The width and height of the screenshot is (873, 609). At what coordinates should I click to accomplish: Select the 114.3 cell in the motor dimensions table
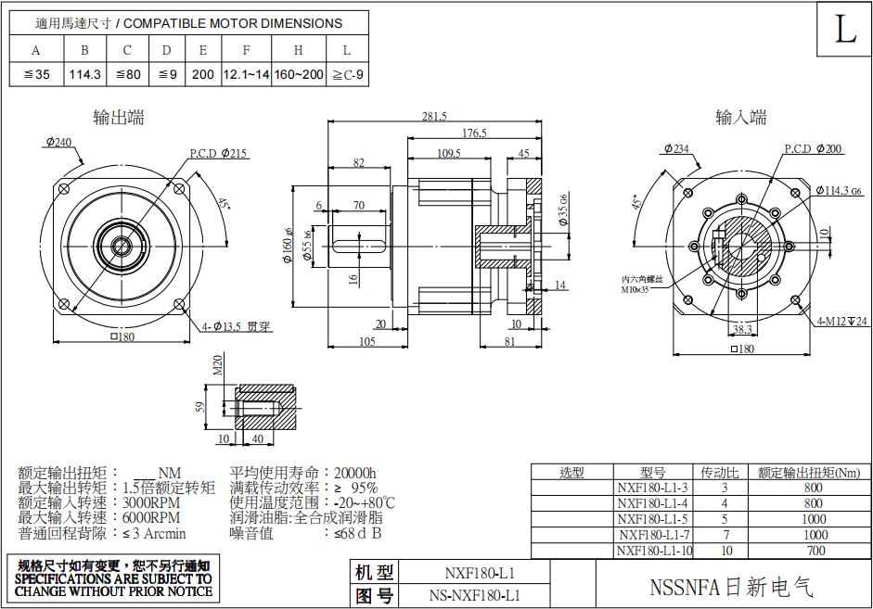point(84,74)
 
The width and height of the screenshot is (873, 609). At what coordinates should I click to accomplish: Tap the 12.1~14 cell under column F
point(246,74)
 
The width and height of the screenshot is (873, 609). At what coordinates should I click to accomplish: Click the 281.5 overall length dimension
point(434,117)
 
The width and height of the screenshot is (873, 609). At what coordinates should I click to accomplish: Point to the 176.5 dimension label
point(474,133)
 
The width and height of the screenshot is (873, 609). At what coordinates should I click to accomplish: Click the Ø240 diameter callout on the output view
point(57,142)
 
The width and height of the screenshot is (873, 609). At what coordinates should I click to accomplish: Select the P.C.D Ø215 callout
point(219,153)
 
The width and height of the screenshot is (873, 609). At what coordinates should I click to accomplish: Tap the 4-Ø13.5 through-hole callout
point(237,326)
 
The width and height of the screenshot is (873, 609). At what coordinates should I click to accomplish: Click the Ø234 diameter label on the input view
point(676,148)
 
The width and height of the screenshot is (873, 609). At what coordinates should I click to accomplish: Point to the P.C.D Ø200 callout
point(814,148)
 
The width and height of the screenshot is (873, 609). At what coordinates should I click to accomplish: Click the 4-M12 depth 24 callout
point(841,321)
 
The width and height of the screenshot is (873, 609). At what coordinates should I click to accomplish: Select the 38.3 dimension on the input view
point(742,328)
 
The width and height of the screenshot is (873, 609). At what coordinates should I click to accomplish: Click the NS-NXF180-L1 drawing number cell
point(474,595)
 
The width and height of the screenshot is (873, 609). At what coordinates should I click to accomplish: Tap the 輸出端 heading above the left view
point(119,117)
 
